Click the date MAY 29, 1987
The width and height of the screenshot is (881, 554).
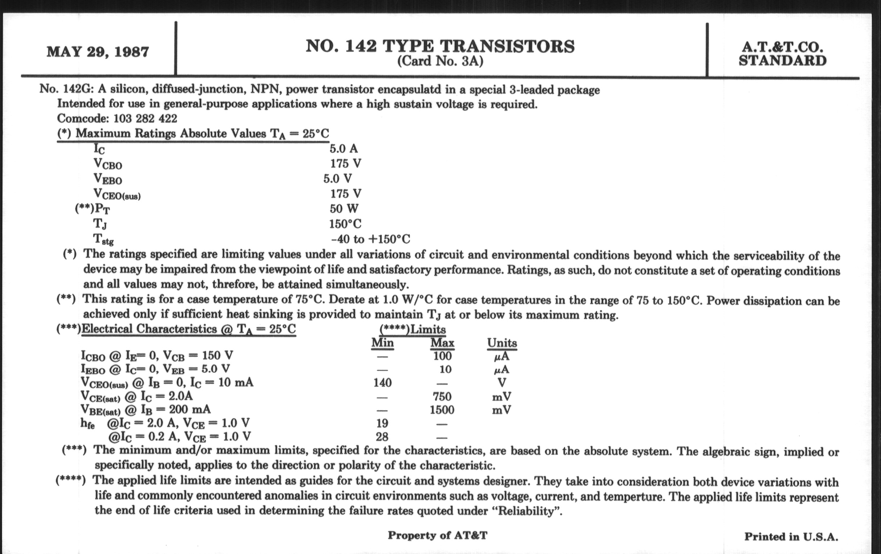[98, 51]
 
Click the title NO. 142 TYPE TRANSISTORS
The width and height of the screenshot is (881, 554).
[440, 46]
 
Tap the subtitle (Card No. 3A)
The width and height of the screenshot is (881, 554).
[440, 61]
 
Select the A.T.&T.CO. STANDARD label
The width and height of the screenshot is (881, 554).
[782, 54]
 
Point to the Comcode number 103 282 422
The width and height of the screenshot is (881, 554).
[145, 118]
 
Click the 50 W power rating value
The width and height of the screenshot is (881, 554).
[344, 209]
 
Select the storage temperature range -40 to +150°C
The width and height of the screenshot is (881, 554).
[370, 239]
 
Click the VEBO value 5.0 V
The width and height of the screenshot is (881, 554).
[337, 179]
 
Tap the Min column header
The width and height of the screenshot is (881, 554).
[382, 343]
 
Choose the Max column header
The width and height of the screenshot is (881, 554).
[442, 343]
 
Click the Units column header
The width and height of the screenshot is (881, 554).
[502, 343]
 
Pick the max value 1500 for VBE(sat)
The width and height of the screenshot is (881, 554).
[442, 410]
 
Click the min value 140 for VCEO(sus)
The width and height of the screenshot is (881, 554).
[382, 383]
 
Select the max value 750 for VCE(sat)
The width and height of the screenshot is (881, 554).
[442, 396]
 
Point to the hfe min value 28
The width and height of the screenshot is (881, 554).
[382, 437]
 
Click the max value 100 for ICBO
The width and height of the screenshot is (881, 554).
[442, 356]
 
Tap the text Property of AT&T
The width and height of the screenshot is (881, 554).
[438, 535]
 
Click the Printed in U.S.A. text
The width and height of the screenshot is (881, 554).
[791, 537]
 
